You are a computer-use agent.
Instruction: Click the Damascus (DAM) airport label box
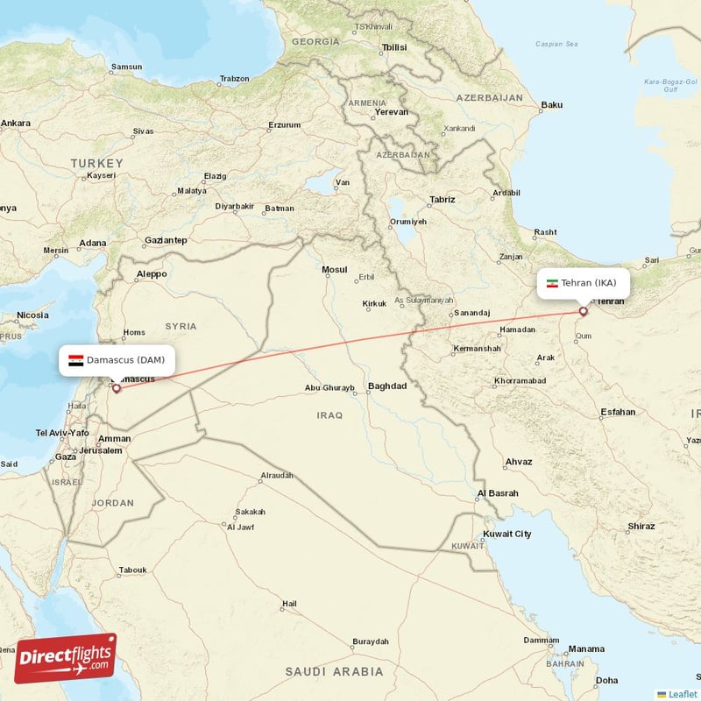coord(117,360)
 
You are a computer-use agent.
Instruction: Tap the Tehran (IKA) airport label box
coord(583,283)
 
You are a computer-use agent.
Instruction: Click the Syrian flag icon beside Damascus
coord(76,360)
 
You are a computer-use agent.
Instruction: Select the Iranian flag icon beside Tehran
coord(552,283)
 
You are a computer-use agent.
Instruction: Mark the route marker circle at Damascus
coord(116,387)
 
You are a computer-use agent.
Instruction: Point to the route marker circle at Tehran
coord(583,310)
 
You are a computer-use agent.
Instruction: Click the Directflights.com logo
coord(65,658)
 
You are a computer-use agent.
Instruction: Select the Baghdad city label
coord(387,386)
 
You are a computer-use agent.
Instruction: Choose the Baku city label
coord(552,105)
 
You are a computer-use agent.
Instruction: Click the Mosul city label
coord(335,270)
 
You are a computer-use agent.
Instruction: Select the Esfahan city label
coord(618,412)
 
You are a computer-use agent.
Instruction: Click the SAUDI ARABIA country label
coord(334,672)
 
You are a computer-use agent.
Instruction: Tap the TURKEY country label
coord(98,164)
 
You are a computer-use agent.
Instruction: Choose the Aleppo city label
coord(151,274)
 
